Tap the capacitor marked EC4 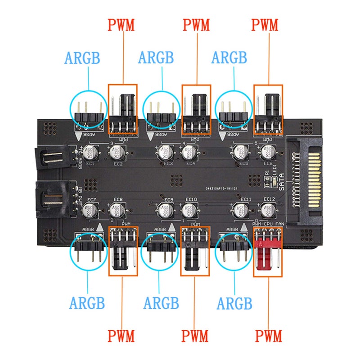tap(189, 153)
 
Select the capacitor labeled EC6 tap(267, 153)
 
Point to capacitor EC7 tap(88, 208)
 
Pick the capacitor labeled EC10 tap(189, 209)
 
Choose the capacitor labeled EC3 tap(165, 152)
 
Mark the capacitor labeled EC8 tap(115, 209)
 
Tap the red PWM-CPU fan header tap(268, 252)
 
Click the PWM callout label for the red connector tap(269, 335)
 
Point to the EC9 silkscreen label tap(169, 199)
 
